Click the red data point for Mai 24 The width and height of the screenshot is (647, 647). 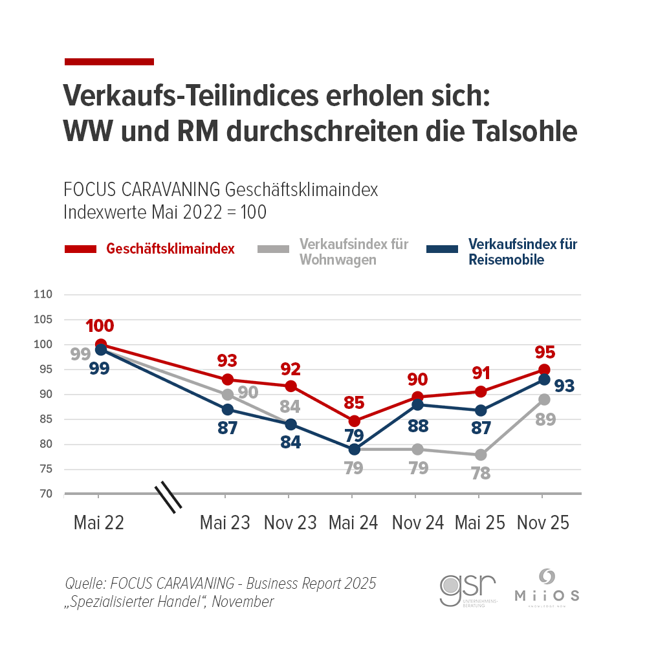354,421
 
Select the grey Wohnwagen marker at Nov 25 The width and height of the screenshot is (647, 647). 544,399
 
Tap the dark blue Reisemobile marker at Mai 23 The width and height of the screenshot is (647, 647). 227,410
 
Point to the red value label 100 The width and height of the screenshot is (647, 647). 100,326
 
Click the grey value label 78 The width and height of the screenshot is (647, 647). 481,473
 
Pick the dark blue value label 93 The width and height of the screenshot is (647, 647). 564,386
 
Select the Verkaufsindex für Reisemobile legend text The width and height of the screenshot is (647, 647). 522,252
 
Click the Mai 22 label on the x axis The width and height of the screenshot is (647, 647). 99,523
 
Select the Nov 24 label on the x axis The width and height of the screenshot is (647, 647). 418,523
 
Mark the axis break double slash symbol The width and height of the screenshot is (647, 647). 168,497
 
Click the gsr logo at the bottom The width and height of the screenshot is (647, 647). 468,588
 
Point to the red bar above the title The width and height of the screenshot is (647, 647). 109,61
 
